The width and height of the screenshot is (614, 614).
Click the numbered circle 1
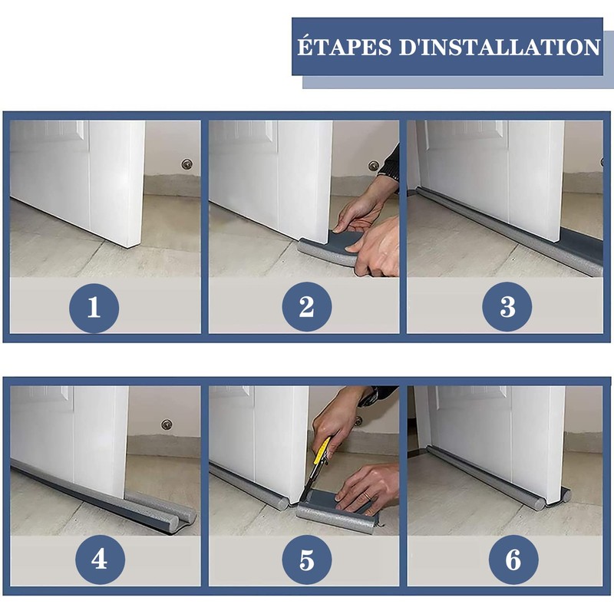[94, 308]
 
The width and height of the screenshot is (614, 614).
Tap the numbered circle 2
[306, 307]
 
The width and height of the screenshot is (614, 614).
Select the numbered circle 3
[507, 307]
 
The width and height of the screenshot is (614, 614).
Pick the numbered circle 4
[101, 560]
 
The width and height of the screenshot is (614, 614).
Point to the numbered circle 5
[306, 560]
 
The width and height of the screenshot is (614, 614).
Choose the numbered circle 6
[513, 560]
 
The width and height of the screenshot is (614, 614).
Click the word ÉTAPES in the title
[345, 46]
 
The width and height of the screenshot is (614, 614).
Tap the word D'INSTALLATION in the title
[500, 47]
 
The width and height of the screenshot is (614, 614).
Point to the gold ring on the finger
[367, 497]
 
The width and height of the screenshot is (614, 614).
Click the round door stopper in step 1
[187, 163]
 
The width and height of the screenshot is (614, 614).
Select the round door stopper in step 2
[374, 166]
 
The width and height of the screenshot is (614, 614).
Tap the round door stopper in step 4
[167, 424]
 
